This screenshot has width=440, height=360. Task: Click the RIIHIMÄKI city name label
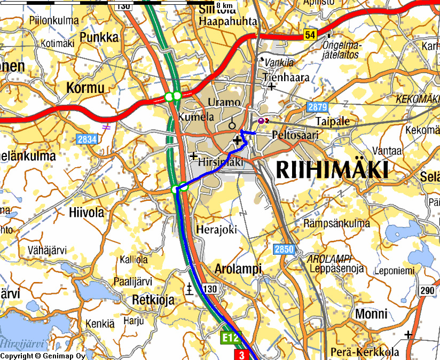pyautogui.click(x=332, y=170)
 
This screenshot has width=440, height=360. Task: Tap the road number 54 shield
pyautogui.click(x=310, y=35)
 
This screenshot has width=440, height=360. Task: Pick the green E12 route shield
pyautogui.click(x=229, y=338)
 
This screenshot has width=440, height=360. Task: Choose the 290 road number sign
pyautogui.click(x=427, y=291)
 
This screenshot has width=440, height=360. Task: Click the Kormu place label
pyautogui.click(x=85, y=88)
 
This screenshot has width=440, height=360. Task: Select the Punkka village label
pyautogui.click(x=99, y=37)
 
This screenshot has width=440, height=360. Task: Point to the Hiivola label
pyautogui.click(x=87, y=212)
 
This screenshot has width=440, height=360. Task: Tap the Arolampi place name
pyautogui.click(x=233, y=269)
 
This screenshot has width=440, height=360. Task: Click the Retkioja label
pyautogui.click(x=153, y=300)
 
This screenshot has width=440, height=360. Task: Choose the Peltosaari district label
pyautogui.click(x=295, y=135)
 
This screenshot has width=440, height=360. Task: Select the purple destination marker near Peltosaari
pyautogui.click(x=261, y=122)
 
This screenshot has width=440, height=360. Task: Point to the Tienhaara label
pyautogui.click(x=286, y=77)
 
